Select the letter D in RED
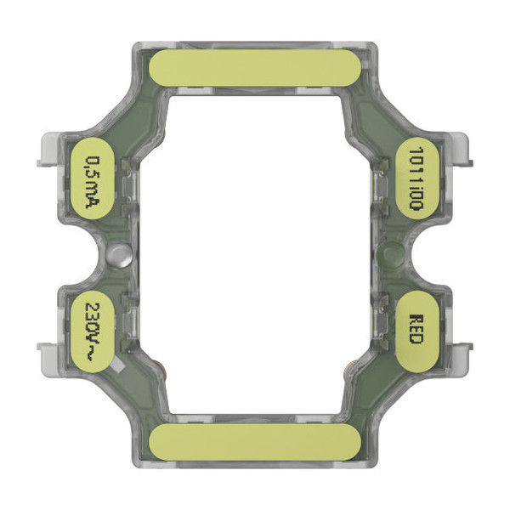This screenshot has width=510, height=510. (x=416, y=337)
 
